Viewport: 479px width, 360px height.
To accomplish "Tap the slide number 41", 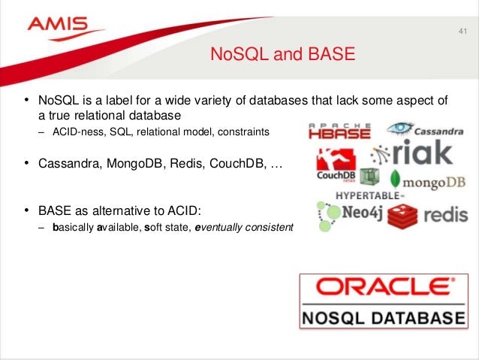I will tap(461, 32).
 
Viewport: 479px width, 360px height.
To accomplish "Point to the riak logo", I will tap(414, 153).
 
